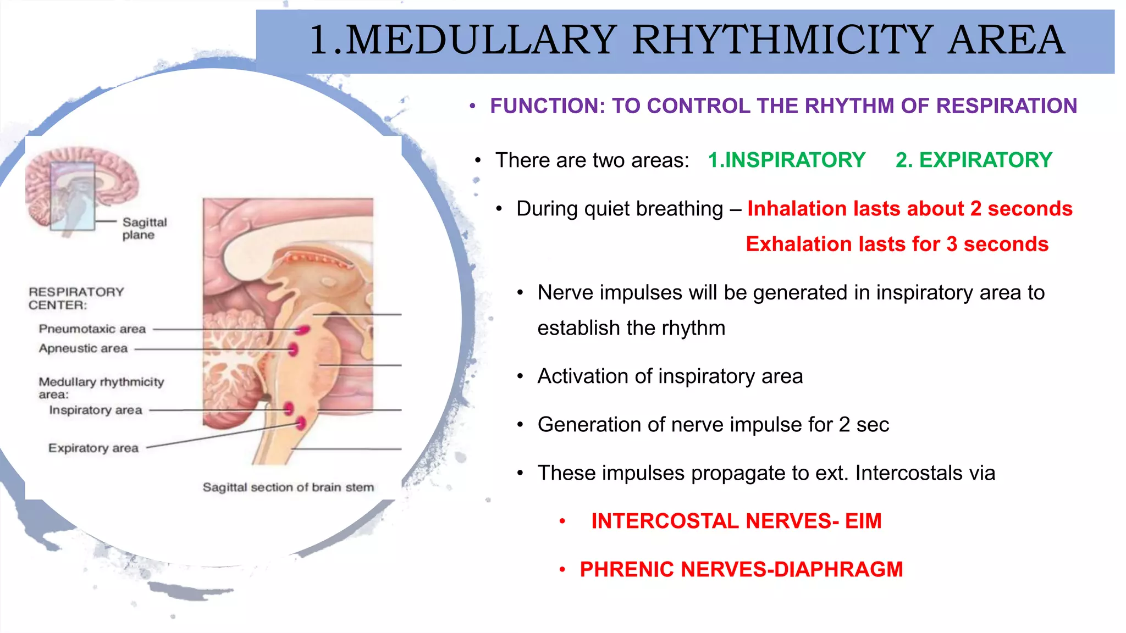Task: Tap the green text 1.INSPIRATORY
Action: tap(786, 160)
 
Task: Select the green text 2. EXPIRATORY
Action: tap(974, 160)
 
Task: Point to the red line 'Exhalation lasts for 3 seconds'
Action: tap(897, 244)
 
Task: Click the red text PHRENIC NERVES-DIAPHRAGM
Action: tap(741, 569)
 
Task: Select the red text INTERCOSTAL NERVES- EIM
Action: tap(736, 521)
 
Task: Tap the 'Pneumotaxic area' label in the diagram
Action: tap(92, 329)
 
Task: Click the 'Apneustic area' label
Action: tap(83, 348)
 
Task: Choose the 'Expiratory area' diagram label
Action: tap(93, 448)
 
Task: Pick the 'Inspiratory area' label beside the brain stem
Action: tap(95, 410)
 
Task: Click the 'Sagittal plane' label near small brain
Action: tap(143, 229)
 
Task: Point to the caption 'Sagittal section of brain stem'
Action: tap(288, 487)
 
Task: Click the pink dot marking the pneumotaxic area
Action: tap(302, 330)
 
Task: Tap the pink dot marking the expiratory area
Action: tap(301, 423)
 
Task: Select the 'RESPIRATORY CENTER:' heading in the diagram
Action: tap(76, 298)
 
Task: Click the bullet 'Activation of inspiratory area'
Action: tap(670, 376)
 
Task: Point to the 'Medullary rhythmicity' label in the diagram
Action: tap(101, 382)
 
